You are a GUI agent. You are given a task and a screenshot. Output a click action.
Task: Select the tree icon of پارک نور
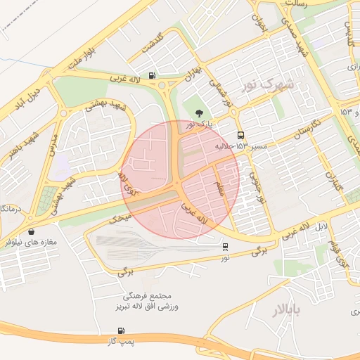pos(199,112)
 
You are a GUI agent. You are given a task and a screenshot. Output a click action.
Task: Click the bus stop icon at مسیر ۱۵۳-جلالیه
pos(241,135)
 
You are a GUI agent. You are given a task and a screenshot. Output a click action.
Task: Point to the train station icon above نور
pos(225,247)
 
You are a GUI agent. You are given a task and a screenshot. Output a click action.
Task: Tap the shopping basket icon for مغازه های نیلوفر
pos(31,231)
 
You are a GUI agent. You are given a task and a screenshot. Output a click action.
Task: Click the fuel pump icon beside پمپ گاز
pos(121,330)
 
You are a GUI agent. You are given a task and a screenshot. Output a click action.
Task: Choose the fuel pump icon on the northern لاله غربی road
pos(152,76)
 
